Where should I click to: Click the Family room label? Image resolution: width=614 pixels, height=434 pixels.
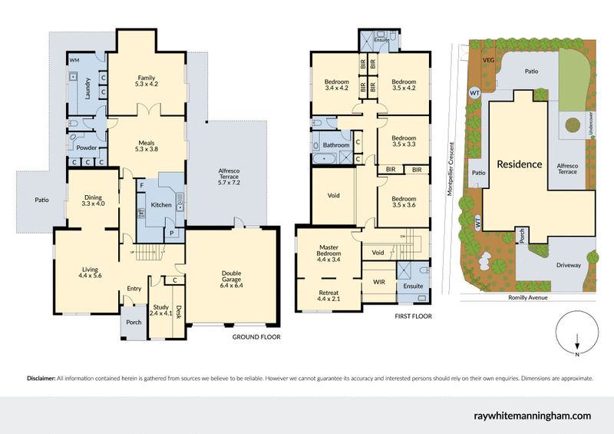click(147, 81)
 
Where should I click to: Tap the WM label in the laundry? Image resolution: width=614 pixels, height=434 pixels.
click(74, 59)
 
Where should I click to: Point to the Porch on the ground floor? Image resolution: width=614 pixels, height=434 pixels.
click(134, 322)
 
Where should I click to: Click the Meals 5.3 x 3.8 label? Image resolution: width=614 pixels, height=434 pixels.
click(147, 146)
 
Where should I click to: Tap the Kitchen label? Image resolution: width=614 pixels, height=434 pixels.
click(160, 205)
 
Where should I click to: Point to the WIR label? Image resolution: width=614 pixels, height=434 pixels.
click(379, 282)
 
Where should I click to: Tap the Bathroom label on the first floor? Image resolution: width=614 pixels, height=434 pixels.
click(336, 144)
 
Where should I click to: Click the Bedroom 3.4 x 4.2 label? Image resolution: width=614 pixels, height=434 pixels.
click(336, 84)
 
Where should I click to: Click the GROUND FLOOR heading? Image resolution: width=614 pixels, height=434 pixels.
click(256, 336)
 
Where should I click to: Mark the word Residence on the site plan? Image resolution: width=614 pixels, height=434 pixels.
click(519, 164)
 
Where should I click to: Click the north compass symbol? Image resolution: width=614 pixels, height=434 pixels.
click(576, 334)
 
